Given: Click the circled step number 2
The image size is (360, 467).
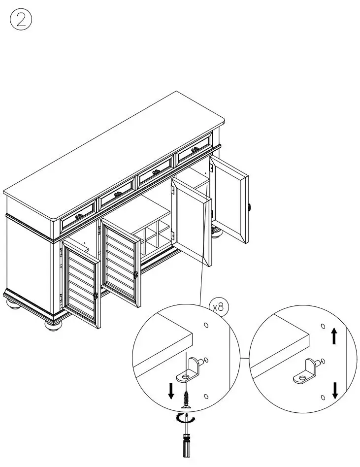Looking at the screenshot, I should tap(21, 20).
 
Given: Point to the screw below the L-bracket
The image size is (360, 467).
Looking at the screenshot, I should tap(186, 397).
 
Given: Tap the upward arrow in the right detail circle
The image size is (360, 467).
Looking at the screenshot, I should tap(334, 337).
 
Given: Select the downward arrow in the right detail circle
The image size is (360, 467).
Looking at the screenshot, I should tap(335, 390).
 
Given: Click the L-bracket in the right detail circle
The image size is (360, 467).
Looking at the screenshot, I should tap(306, 371).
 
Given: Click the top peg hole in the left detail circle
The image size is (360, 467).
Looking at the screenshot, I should tap(206, 326).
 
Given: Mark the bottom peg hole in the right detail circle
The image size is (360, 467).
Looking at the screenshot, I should tap(323, 397).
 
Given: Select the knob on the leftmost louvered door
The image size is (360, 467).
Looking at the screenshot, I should tap(96, 296).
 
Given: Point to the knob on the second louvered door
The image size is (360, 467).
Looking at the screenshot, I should tap(136, 275).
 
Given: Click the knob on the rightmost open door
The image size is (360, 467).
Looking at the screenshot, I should tap(250, 206).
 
